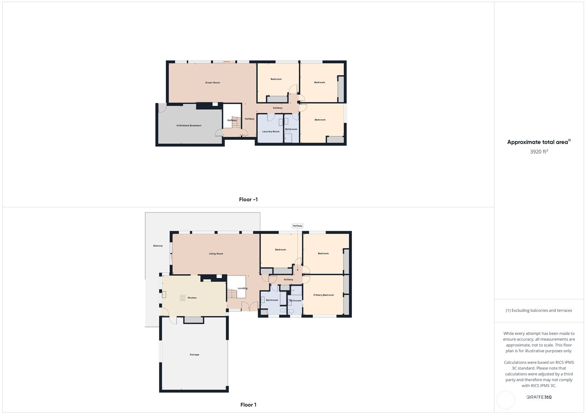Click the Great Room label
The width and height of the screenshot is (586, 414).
tap(212, 83)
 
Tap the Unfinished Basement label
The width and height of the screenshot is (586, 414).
tap(189, 126)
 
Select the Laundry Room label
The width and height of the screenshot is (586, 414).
tap(271, 132)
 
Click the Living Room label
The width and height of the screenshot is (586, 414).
tap(216, 254)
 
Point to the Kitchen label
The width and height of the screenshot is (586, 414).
tap(192, 298)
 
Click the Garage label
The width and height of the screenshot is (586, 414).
tap(194, 355)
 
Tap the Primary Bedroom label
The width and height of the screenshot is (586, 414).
tap(323, 295)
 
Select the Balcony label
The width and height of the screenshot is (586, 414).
tap(158, 246)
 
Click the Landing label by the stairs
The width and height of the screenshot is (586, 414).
tap(242, 288)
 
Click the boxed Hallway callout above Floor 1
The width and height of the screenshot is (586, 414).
tap(297, 226)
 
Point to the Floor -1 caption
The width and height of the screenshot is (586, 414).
tap(248, 200)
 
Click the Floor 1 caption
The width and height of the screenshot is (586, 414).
tap(248, 405)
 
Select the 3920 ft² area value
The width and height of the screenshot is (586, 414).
tap(539, 152)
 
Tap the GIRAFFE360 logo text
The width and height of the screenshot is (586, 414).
tap(539, 397)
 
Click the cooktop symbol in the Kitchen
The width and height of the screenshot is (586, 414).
tap(182, 298)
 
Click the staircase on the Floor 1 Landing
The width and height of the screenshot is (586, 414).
tap(232, 294)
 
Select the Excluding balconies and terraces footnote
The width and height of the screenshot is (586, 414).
tap(539, 310)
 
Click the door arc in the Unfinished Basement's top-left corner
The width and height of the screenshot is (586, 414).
tap(162, 108)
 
